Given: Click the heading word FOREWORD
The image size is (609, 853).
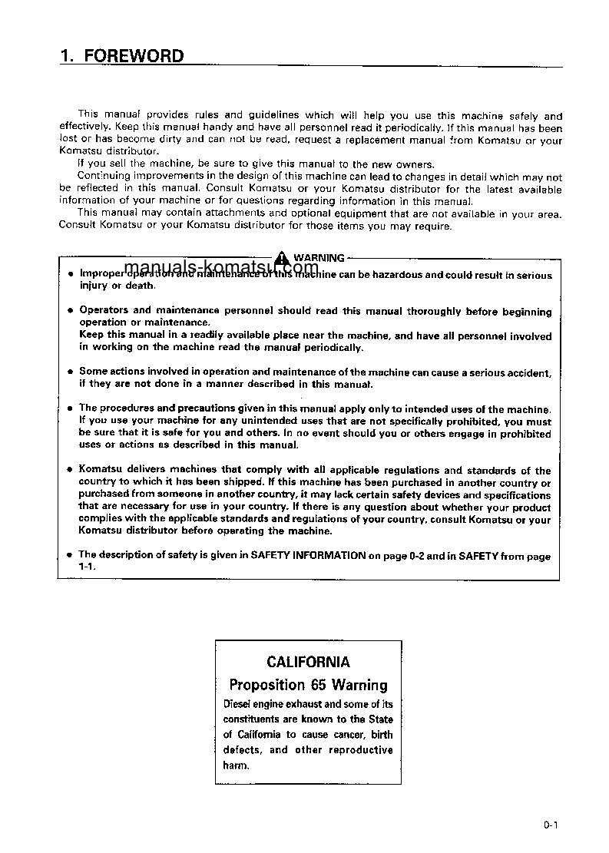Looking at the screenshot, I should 134,56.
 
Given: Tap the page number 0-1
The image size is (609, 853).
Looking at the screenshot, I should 550,825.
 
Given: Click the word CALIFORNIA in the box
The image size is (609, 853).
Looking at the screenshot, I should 308,662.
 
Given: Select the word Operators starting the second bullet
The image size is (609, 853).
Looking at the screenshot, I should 104,311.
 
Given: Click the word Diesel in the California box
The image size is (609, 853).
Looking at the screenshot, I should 237,704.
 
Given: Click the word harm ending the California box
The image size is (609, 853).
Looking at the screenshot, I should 235,765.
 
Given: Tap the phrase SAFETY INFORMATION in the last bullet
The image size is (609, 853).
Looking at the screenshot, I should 308,555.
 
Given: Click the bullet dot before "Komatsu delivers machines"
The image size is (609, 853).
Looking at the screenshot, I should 69,471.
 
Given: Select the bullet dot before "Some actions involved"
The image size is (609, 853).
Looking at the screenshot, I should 69,372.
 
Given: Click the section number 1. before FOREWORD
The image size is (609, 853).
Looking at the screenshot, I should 66,56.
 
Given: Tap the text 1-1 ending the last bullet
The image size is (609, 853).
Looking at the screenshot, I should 86,566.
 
